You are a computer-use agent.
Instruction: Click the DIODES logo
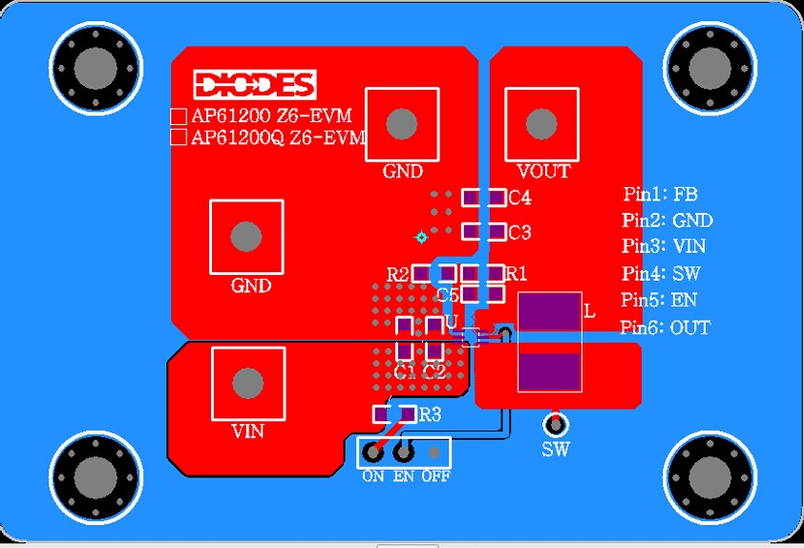pyautogui.click(x=254, y=85)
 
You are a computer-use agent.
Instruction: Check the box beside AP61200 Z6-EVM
pyautogui.click(x=178, y=116)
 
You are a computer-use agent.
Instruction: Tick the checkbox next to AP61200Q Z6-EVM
pyautogui.click(x=178, y=137)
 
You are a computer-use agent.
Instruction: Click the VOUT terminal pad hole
pyautogui.click(x=541, y=123)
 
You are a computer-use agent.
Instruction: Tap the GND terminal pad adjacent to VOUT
pyautogui.click(x=402, y=123)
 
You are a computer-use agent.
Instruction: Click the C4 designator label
pyautogui.click(x=520, y=199)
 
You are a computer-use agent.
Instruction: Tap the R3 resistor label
pyautogui.click(x=431, y=414)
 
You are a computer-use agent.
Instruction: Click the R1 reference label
pyautogui.click(x=517, y=274)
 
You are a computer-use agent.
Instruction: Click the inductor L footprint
pyautogui.click(x=549, y=341)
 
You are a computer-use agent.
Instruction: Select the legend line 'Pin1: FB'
pyautogui.click(x=661, y=195)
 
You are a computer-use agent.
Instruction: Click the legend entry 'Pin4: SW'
pyautogui.click(x=663, y=274)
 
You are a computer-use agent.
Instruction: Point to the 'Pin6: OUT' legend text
pyautogui.click(x=666, y=327)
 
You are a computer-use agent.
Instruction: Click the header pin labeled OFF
pyautogui.click(x=434, y=453)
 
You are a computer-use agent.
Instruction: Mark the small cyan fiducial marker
pyautogui.click(x=420, y=236)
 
